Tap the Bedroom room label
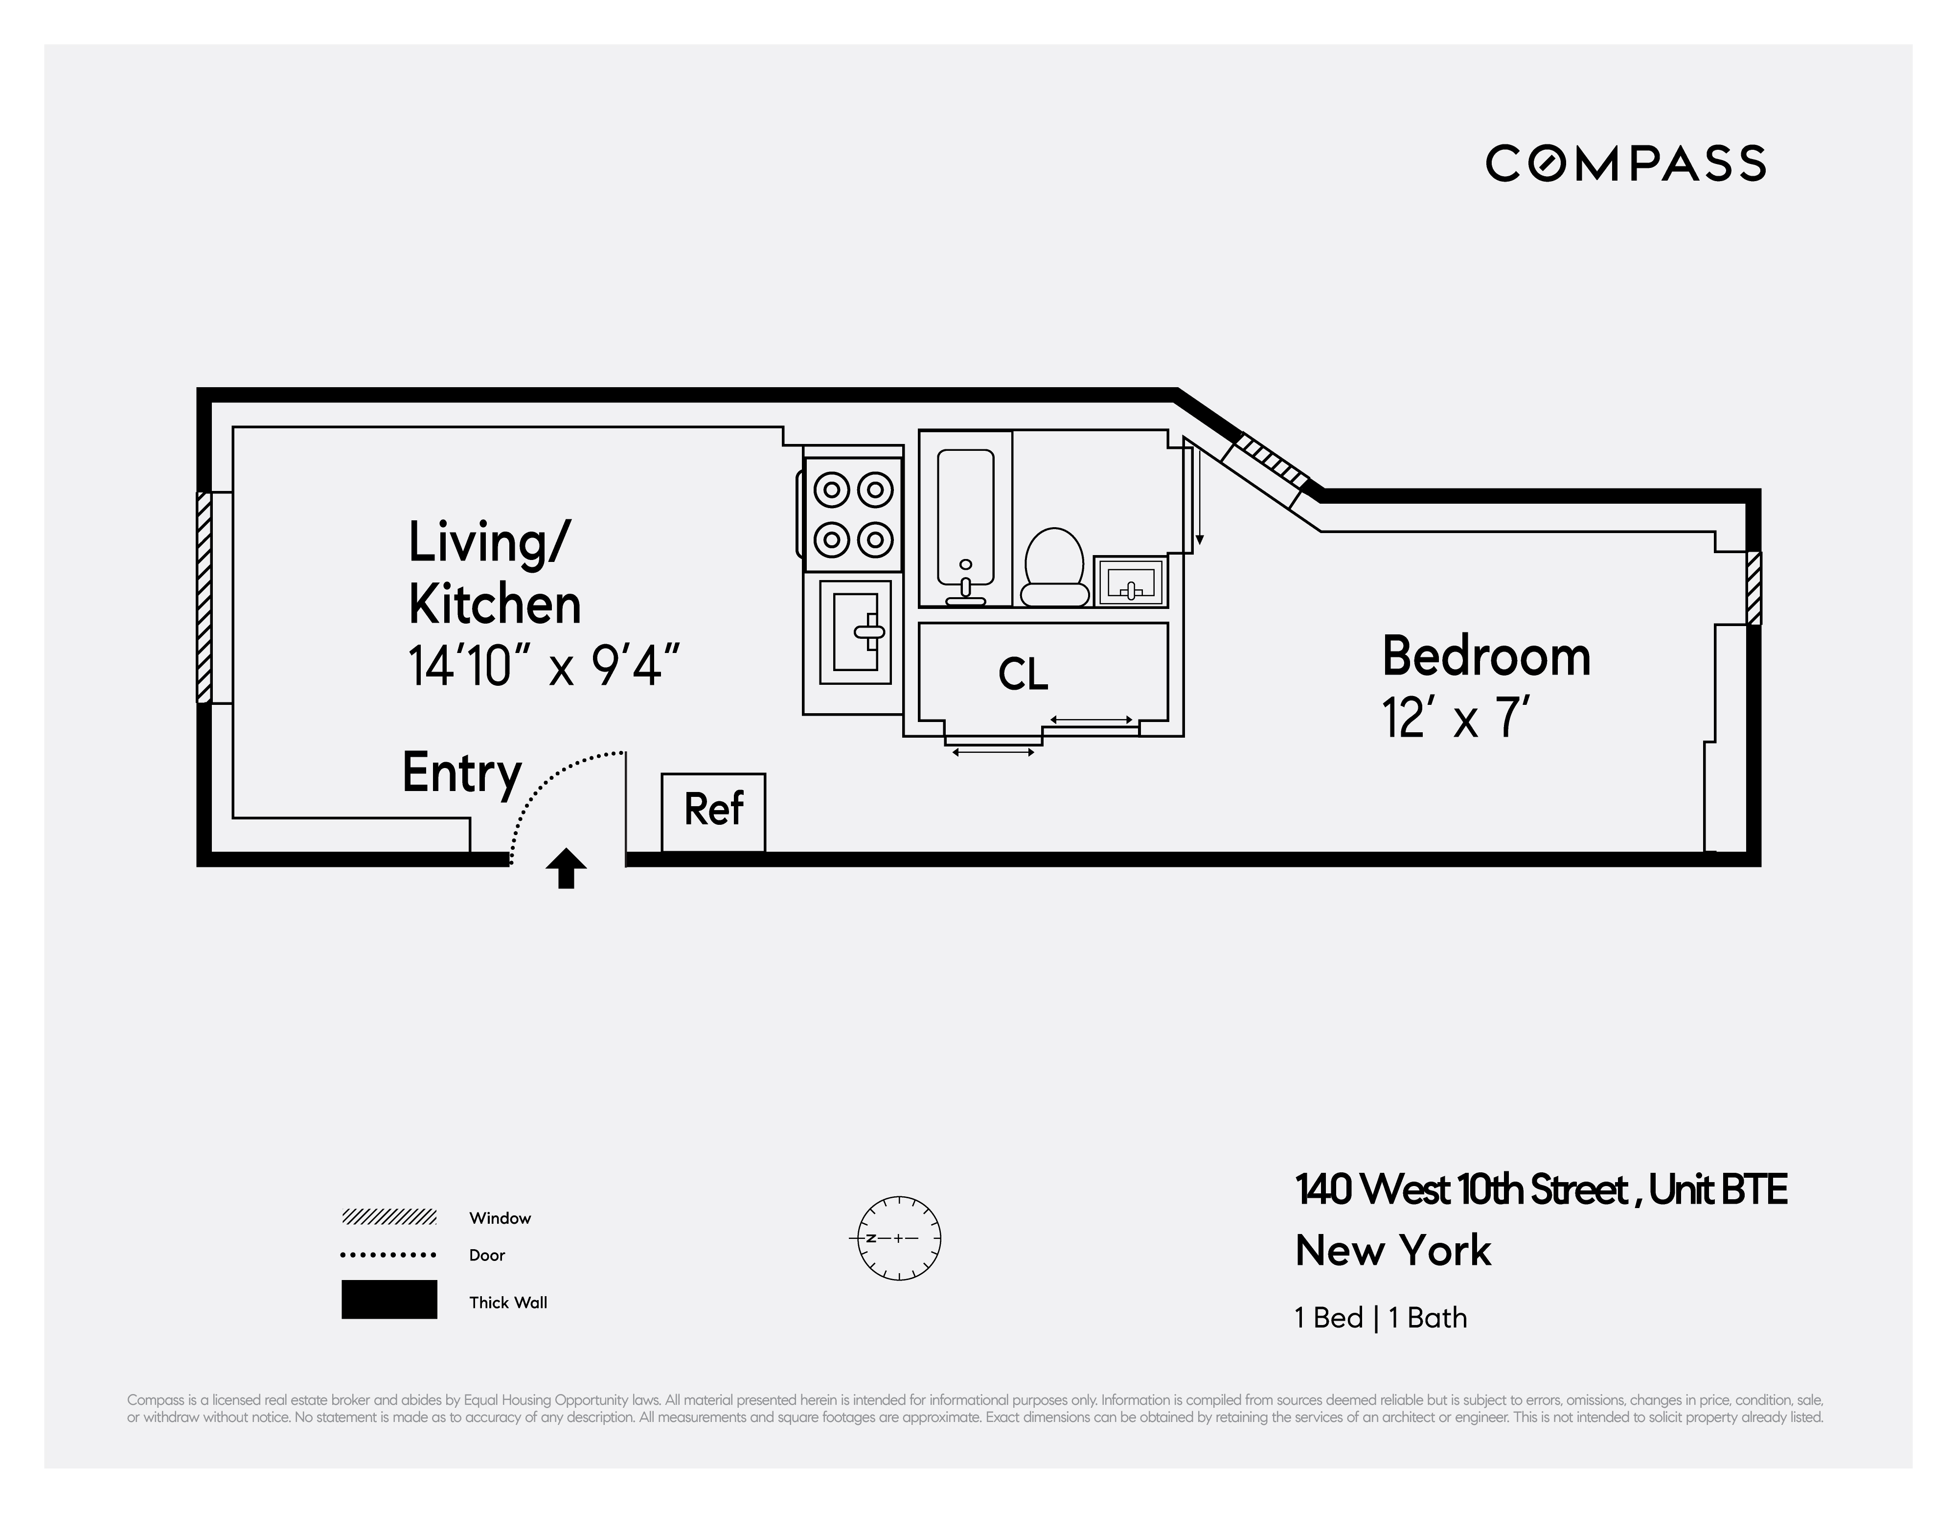tap(1485, 656)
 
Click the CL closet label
tap(1022, 675)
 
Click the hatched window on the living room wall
tap(205, 597)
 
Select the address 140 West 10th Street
tap(1461, 1190)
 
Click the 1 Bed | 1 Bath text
tap(1381, 1318)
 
